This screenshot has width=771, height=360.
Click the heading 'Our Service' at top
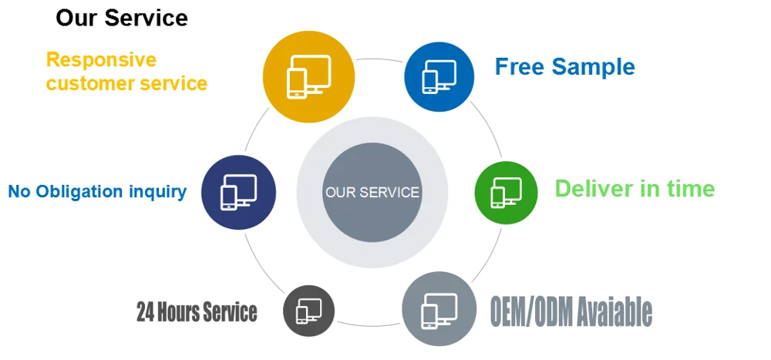coord(121,18)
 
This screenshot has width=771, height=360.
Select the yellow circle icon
coord(308,76)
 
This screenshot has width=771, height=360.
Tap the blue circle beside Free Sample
coord(439,76)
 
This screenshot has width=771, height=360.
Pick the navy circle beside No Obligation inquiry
coord(238,192)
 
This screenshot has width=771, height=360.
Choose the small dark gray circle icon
coord(308,311)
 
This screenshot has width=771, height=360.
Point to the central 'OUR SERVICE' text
coord(372,192)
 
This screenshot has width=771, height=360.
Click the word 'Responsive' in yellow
coord(101,60)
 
